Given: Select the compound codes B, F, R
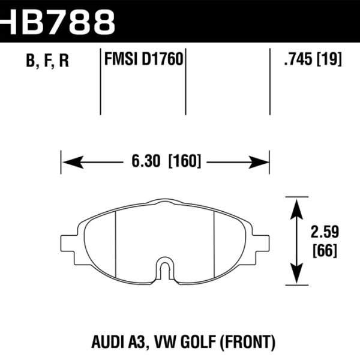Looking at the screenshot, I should coord(47,61).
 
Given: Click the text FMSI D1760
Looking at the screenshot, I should coord(143,61).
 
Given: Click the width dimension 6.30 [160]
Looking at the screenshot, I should coord(164,161).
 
